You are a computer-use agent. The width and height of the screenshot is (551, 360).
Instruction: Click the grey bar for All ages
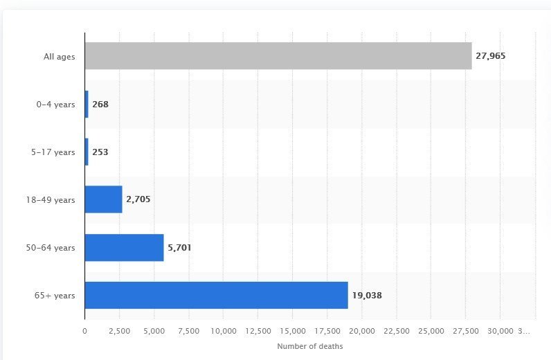(278, 56)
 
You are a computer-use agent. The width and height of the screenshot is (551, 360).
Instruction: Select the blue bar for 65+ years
(216, 295)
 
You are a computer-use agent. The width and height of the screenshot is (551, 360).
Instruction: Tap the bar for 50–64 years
(124, 247)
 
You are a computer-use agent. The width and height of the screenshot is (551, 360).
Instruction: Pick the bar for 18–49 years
(103, 199)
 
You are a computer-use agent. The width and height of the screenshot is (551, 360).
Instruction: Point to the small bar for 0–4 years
(87, 104)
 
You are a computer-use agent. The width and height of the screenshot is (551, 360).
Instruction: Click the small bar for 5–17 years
(87, 152)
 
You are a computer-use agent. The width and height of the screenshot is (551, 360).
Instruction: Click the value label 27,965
(491, 56)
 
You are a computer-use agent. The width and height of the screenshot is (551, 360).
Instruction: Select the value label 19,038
(367, 296)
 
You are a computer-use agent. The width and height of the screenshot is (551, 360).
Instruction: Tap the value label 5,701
(179, 247)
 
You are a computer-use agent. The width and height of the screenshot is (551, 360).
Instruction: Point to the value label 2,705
(138, 199)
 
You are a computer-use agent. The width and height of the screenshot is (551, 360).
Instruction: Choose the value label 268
(100, 104)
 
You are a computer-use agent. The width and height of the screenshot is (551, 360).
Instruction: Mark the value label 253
(100, 152)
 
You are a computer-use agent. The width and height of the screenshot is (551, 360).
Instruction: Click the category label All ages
(59, 56)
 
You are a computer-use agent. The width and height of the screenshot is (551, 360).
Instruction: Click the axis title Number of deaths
(309, 346)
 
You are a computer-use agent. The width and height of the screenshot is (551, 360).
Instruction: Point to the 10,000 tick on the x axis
(223, 331)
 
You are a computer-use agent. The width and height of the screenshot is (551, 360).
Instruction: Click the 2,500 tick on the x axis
(119, 331)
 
